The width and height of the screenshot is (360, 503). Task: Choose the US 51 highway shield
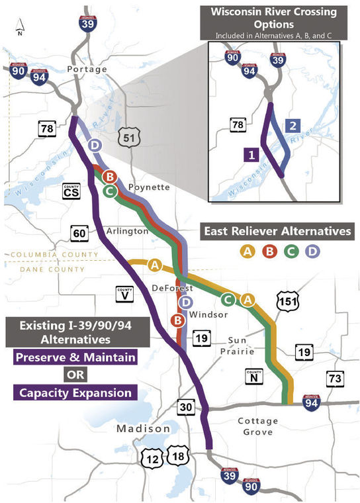tap(128, 138)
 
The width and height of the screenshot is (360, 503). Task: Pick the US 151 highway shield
tap(288, 298)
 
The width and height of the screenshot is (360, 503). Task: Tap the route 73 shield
tap(334, 379)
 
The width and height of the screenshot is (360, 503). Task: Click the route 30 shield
tap(186, 407)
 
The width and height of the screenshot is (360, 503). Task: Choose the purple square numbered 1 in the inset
tap(250, 155)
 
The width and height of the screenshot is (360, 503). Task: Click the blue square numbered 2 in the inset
tap(293, 126)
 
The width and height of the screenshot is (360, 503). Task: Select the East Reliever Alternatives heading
tap(277, 232)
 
